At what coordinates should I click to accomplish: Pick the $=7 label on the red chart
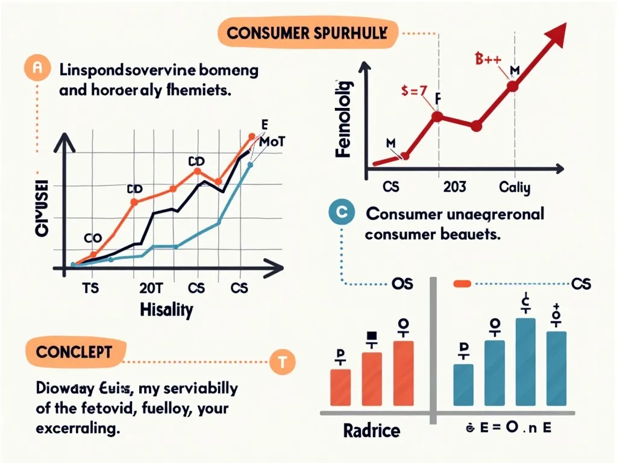point(415,92)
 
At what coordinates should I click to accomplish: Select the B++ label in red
point(484,59)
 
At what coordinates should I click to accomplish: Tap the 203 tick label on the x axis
point(454,187)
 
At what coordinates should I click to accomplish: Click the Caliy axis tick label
point(515,187)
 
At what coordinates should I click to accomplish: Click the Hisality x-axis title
point(166,310)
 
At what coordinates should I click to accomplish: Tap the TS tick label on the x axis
point(90,287)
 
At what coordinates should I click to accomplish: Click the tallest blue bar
point(525,362)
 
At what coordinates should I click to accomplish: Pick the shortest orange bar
point(340,388)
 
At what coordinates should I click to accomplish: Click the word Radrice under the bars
point(371,430)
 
